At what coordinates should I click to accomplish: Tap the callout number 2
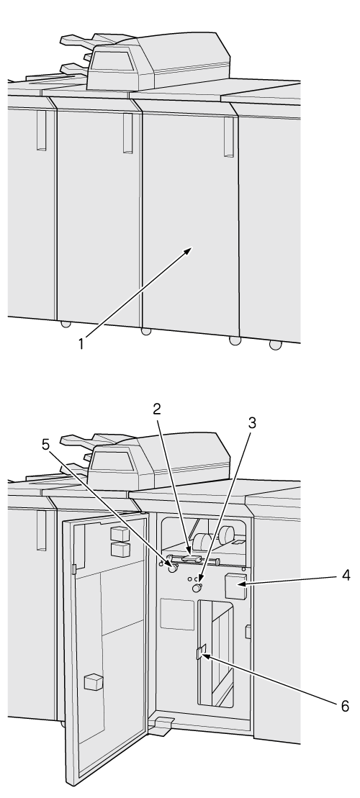pos(158,409)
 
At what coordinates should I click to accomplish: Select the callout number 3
pos(251,423)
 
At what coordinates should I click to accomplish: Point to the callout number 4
pos(346,576)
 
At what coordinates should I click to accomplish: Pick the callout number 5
pos(46,445)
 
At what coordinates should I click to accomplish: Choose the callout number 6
pos(345,707)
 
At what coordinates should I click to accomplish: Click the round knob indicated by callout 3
pos(197,589)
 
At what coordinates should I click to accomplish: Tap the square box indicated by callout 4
pos(235,586)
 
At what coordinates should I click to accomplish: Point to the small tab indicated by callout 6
pos(201,652)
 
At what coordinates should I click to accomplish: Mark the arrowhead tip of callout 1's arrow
pos(192,248)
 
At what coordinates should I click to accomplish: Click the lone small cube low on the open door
pos(94,682)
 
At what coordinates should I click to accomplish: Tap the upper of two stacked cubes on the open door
pos(120,534)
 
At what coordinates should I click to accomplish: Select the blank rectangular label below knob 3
pos(177,615)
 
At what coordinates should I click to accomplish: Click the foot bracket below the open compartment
pos(161,727)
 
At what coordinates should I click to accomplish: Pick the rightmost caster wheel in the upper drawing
pos(276,345)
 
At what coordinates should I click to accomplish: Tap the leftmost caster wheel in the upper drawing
pos(65,324)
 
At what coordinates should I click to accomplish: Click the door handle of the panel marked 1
pos(229,137)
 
